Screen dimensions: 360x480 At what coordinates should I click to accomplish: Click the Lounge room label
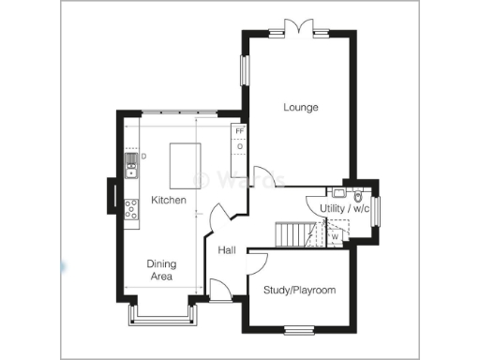pos(301,108)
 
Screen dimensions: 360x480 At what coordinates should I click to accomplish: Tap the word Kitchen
pos(169,201)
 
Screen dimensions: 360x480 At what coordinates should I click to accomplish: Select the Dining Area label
pos(161,270)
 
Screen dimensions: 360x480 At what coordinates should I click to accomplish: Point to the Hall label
pos(227,250)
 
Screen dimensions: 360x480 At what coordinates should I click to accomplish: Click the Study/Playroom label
pos(299,291)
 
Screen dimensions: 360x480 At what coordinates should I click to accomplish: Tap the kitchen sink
pos(131,170)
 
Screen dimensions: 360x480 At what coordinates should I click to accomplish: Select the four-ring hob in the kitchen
pos(131,210)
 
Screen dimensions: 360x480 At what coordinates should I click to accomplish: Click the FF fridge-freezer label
pos(239,132)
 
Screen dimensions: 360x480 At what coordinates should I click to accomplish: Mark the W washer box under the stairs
pos(334,237)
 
